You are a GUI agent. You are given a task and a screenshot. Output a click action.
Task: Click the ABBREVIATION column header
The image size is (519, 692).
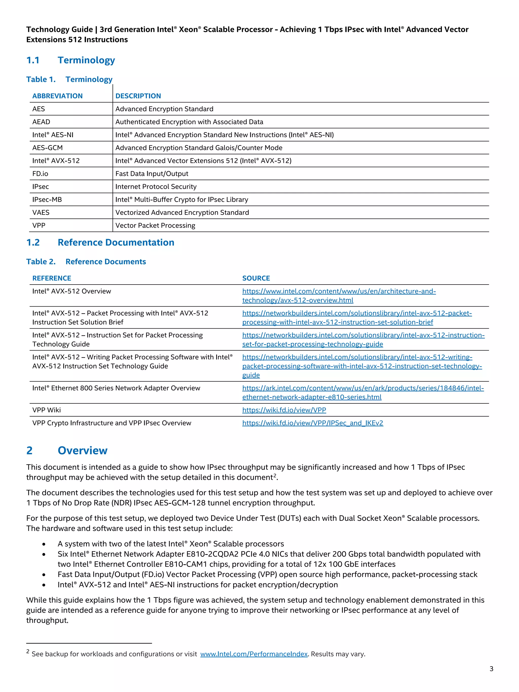57,96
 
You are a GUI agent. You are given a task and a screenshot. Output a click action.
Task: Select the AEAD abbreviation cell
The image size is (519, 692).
41,122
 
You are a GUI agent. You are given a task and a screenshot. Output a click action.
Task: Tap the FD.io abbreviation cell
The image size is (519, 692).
40,174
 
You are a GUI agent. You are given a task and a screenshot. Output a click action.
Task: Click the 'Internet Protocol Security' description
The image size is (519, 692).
156,187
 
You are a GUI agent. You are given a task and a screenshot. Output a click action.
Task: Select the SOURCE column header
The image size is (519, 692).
256,278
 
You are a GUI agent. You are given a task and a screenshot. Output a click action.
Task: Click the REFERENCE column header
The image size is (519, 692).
52,278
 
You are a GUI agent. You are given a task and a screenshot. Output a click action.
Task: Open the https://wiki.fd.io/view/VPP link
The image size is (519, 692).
284,410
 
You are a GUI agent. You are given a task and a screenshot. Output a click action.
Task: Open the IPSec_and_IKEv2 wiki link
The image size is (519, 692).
312,423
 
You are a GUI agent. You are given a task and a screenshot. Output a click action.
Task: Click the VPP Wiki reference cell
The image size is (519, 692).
46,410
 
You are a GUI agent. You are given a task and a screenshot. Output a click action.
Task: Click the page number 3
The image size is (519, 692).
491,669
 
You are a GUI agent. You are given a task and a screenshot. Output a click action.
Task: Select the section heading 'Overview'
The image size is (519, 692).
82,451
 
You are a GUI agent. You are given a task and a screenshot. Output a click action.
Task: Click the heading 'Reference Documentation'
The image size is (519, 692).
116,242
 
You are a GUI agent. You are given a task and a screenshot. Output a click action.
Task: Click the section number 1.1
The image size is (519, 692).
33,60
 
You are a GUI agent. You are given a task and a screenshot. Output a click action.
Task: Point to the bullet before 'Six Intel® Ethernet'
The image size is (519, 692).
44,554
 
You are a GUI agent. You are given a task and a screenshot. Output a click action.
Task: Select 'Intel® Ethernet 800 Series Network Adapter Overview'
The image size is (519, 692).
116,388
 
